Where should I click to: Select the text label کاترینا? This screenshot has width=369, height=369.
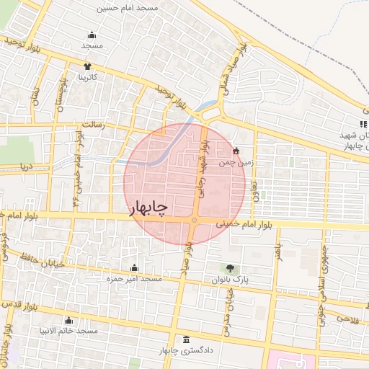pyautogui.click(x=88, y=77)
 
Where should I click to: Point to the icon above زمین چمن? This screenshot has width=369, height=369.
pyautogui.click(x=236, y=151)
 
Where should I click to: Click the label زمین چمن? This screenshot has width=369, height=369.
pyautogui.click(x=238, y=163)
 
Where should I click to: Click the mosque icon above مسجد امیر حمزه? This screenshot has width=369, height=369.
pyautogui.click(x=133, y=267)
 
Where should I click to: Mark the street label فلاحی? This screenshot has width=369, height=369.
pyautogui.click(x=346, y=317)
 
